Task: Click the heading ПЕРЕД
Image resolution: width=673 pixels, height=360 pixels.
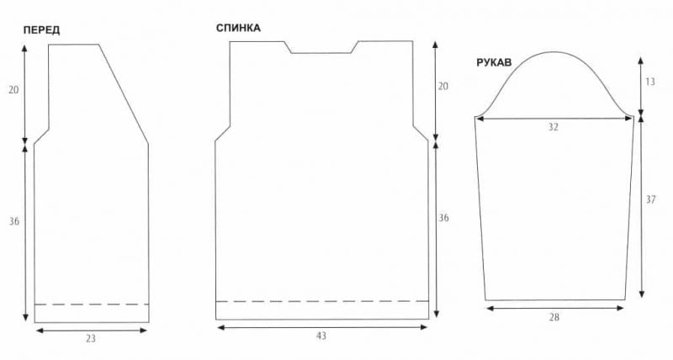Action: (x=41, y=30)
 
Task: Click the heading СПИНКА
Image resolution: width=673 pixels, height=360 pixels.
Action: (x=238, y=28)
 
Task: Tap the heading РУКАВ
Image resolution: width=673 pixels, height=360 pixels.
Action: (x=494, y=62)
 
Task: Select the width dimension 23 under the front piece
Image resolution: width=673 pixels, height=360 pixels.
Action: (x=90, y=338)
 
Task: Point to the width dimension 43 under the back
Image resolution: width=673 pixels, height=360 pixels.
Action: (x=321, y=336)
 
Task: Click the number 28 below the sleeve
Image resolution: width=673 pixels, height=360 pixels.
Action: (x=554, y=317)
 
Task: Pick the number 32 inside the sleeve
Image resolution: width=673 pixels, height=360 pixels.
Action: (x=554, y=127)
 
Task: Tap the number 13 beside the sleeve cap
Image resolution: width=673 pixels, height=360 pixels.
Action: (x=650, y=81)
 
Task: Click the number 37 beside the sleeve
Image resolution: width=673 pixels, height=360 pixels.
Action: (x=650, y=199)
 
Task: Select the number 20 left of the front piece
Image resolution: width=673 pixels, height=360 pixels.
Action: (x=13, y=90)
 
